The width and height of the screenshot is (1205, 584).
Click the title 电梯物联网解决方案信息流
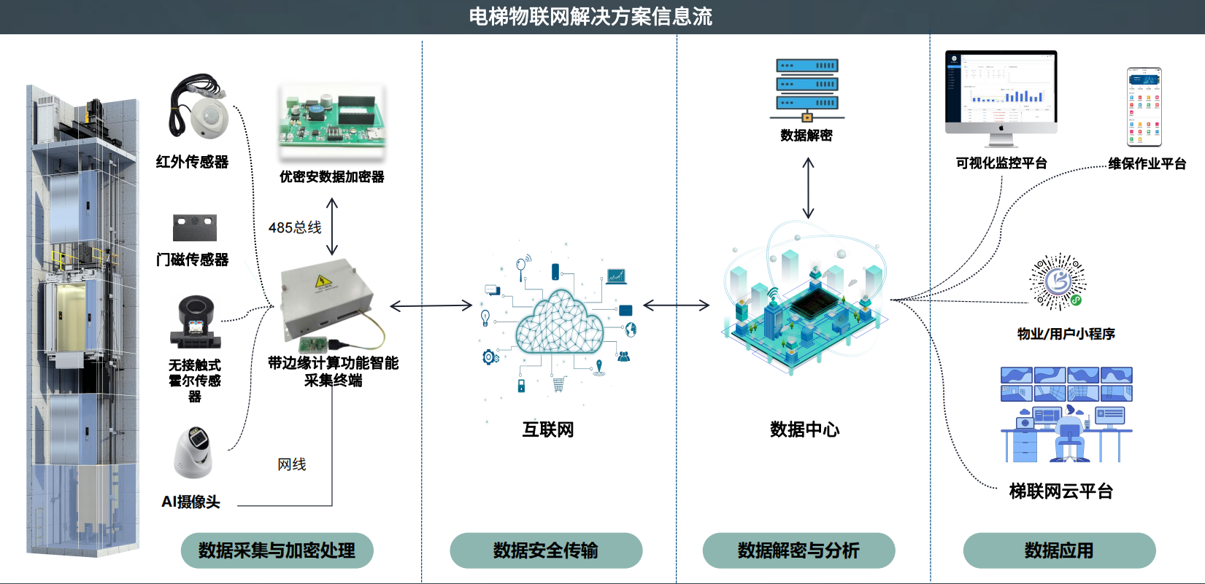[x=590, y=16]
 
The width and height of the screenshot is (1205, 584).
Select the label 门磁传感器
[x=193, y=260]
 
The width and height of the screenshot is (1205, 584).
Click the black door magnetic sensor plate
[x=195, y=227]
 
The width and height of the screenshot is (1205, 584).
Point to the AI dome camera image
[x=193, y=452]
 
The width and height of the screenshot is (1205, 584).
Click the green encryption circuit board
[x=332, y=121]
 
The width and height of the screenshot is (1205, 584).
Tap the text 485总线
[x=295, y=227]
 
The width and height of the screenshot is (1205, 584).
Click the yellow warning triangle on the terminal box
[x=322, y=281]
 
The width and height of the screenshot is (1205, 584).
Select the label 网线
[x=292, y=464]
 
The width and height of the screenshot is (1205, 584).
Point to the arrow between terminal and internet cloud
[x=431, y=305]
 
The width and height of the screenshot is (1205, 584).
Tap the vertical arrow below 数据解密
[x=808, y=188]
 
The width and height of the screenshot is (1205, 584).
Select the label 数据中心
[x=804, y=429]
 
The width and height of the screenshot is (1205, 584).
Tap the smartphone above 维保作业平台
[x=1144, y=107]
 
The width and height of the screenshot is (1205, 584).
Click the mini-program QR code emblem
[x=1058, y=282]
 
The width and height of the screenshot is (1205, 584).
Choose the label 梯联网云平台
[x=1060, y=491]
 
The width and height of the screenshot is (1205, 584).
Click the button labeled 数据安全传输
[x=546, y=550]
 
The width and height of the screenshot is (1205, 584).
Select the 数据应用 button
[x=1059, y=550]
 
